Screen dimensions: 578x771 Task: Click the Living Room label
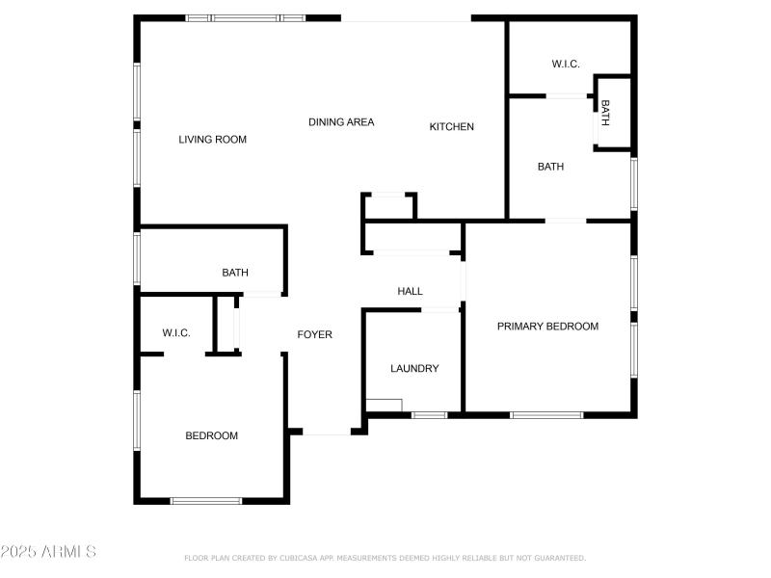(212, 140)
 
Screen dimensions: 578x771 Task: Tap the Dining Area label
(341, 122)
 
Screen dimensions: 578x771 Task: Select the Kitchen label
(451, 127)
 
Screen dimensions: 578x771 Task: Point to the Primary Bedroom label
(547, 327)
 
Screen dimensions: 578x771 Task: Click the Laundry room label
(414, 369)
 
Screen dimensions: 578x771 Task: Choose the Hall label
(410, 291)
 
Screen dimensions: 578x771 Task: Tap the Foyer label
(314, 335)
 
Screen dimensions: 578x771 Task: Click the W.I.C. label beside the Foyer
(175, 333)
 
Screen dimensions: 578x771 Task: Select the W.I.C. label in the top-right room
(565, 65)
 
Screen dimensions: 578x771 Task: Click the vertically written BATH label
(605, 114)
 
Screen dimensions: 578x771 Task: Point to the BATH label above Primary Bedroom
(550, 167)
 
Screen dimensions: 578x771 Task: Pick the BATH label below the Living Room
(235, 274)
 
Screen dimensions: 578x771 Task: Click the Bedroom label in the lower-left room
(211, 436)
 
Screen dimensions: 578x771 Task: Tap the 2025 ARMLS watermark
(48, 552)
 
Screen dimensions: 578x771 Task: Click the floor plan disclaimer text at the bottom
(385, 558)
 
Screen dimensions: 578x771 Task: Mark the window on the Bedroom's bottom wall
(206, 500)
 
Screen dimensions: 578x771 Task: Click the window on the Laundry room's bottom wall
(429, 415)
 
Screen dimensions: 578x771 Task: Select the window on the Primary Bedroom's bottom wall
(546, 415)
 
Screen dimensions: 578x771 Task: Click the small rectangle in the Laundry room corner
(384, 406)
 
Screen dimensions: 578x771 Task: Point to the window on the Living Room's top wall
(245, 17)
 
